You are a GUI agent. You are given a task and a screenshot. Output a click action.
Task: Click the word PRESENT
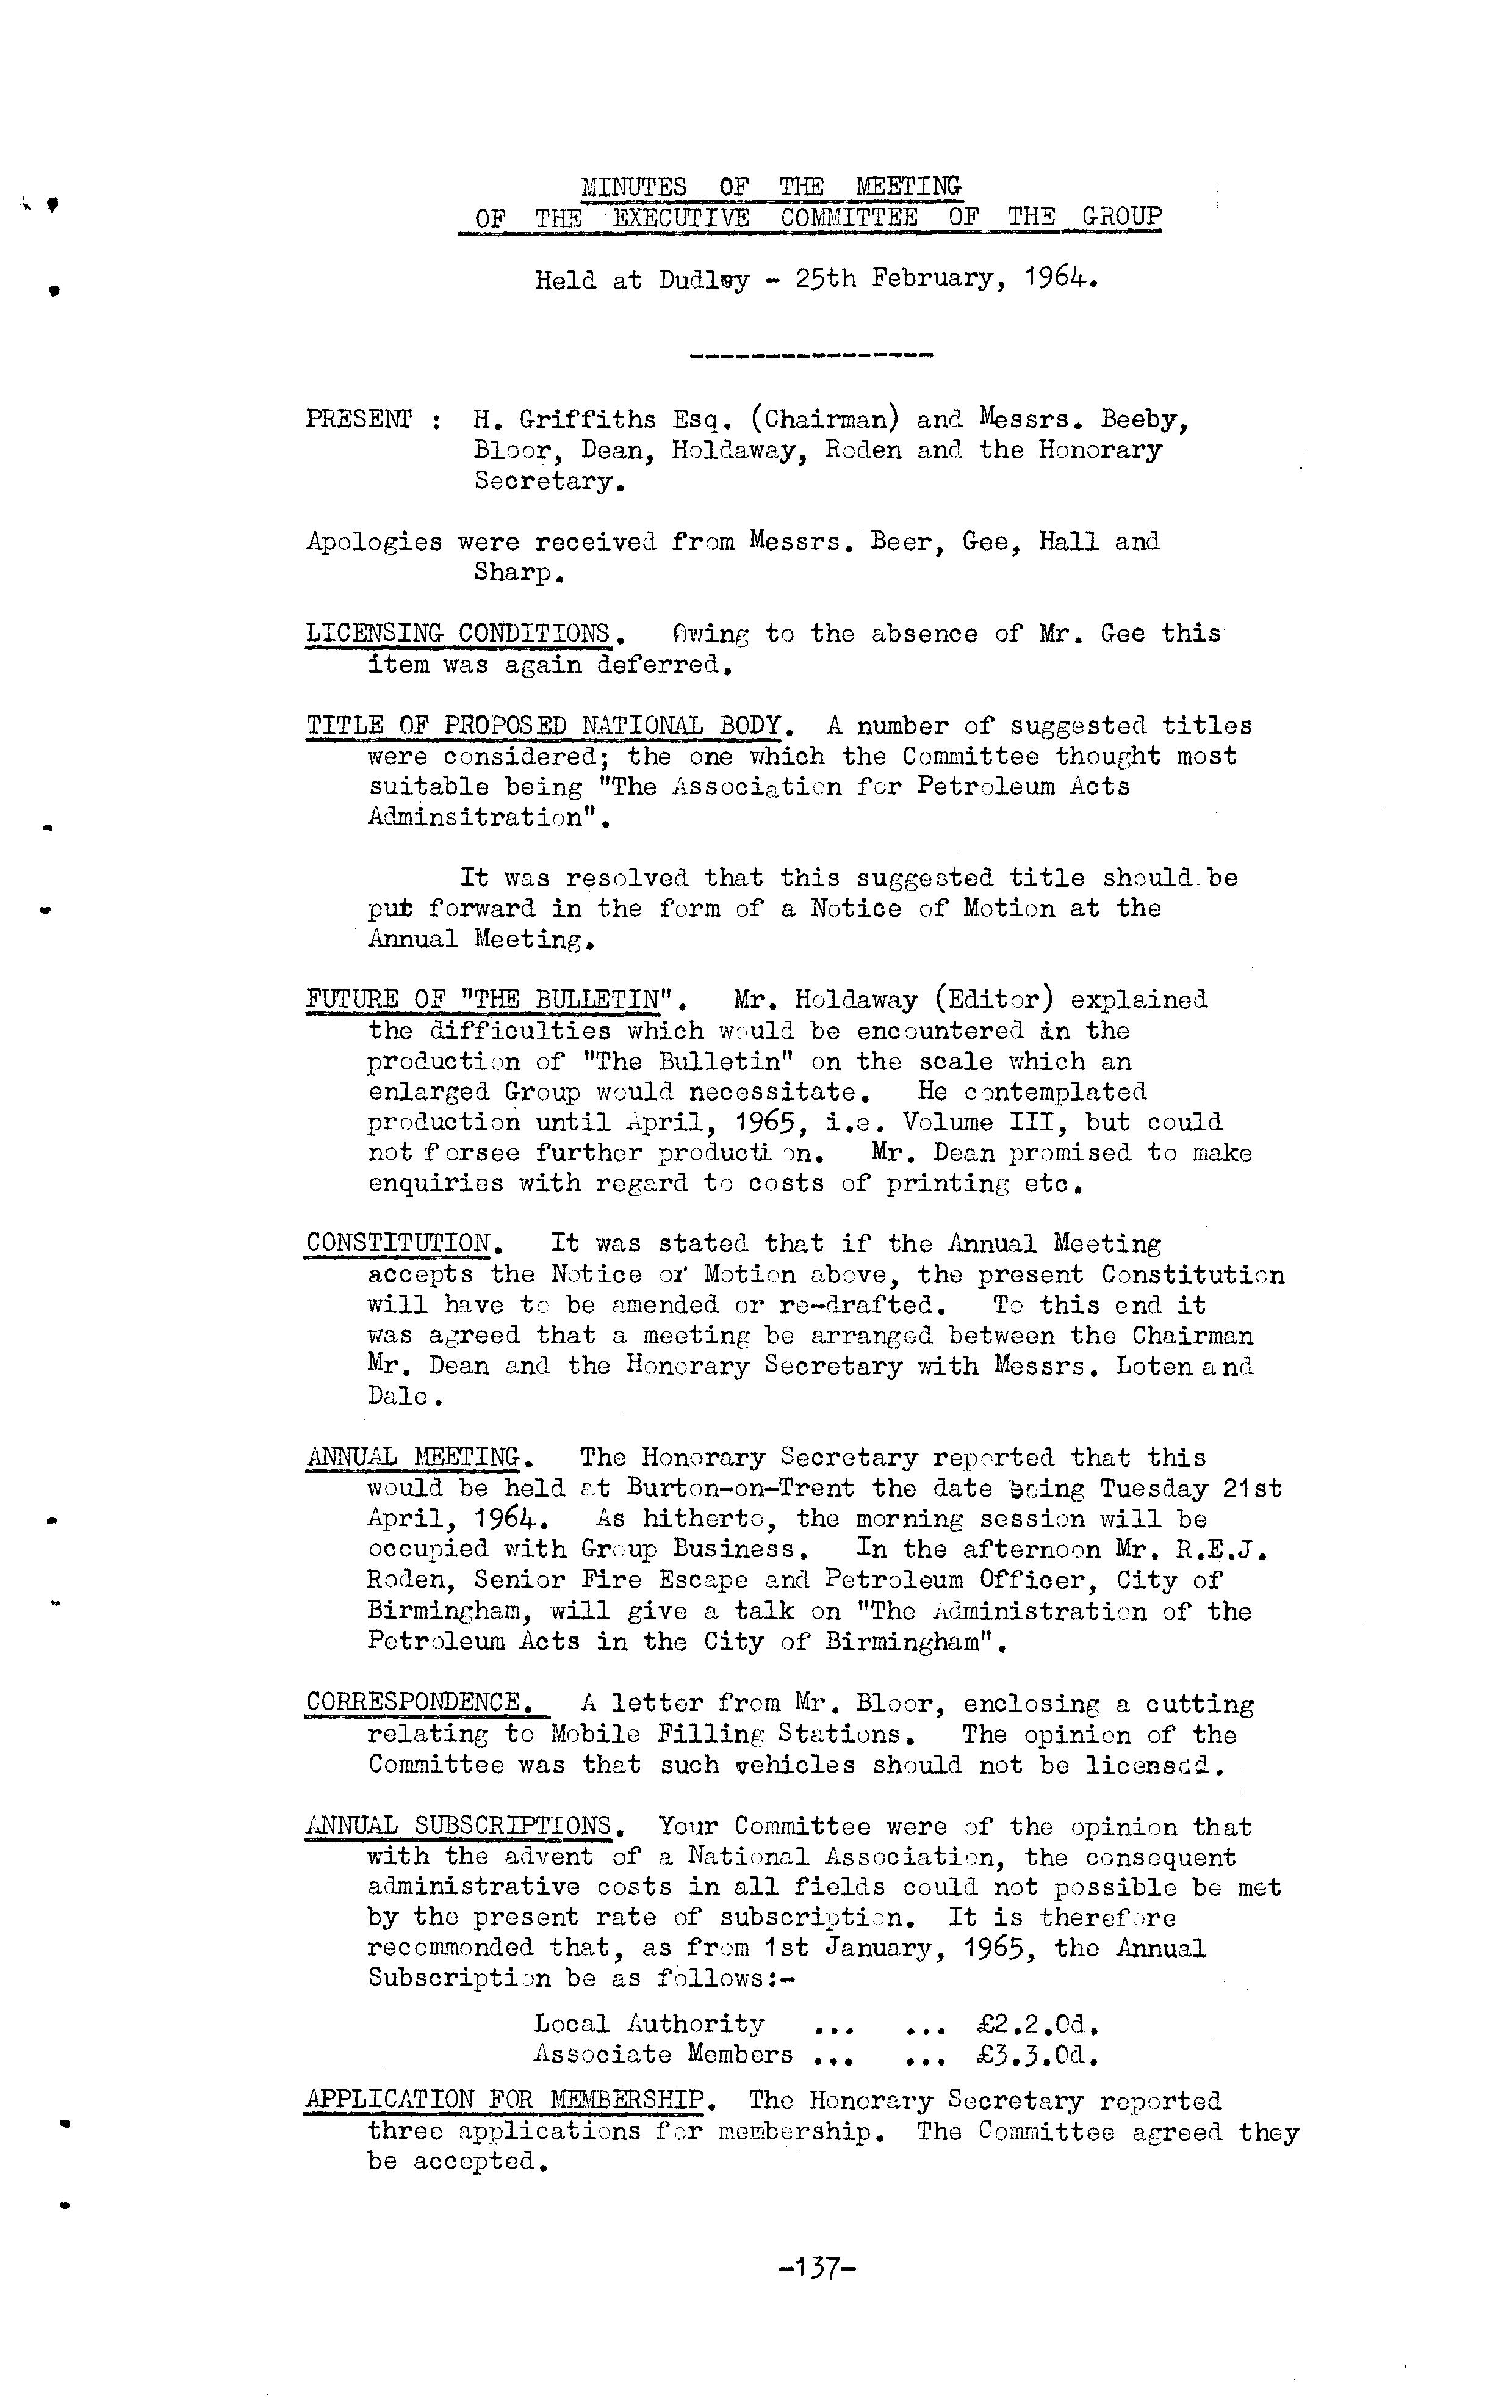coord(358,419)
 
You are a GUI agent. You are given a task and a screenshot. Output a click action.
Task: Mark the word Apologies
coord(374,542)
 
